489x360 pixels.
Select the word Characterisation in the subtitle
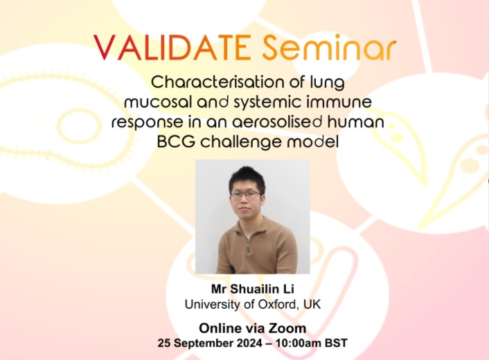point(207,82)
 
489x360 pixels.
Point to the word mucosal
point(156,102)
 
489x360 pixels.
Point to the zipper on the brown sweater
point(247,244)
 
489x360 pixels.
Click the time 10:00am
point(301,343)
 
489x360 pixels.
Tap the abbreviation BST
point(336,343)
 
